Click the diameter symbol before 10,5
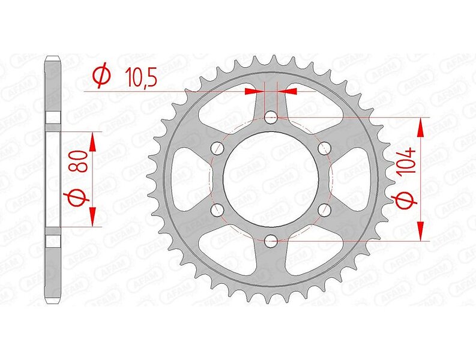click(101, 75)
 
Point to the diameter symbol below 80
click(78, 199)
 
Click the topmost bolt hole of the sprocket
click(271, 118)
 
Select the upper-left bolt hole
click(217, 148)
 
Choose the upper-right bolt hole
click(324, 148)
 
